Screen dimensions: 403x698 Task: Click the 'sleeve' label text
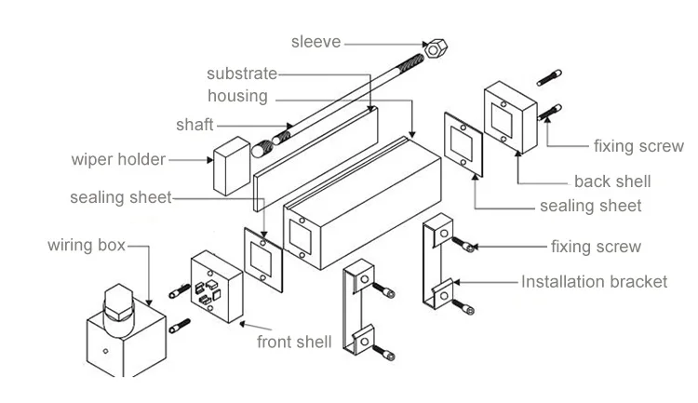(x=315, y=42)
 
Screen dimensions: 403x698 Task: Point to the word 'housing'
(x=237, y=96)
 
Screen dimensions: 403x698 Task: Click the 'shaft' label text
(x=195, y=125)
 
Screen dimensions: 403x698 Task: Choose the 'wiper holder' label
(x=118, y=159)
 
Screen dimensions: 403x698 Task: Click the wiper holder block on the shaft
(x=233, y=166)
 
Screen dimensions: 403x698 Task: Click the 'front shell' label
(x=293, y=342)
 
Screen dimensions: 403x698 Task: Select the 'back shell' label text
(x=612, y=181)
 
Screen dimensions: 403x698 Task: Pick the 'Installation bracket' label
(x=594, y=281)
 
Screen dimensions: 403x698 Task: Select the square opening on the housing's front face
(x=301, y=234)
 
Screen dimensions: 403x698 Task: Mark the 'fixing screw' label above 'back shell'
(x=638, y=146)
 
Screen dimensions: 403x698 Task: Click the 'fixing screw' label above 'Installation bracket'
(x=596, y=247)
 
